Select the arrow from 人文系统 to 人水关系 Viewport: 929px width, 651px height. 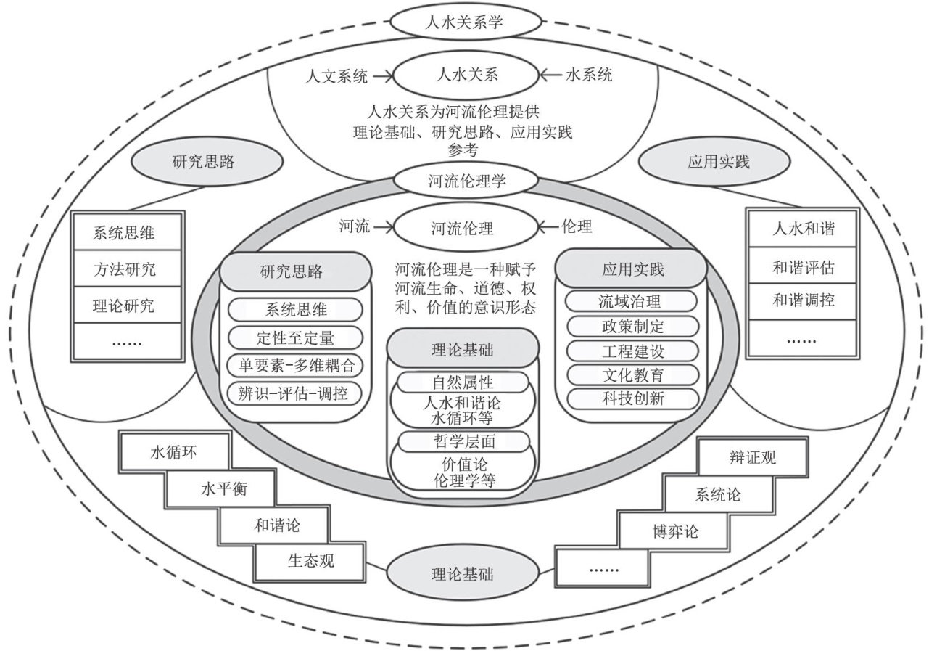click(x=380, y=74)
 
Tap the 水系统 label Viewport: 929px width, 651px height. click(x=583, y=74)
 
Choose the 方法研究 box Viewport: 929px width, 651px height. click(x=124, y=270)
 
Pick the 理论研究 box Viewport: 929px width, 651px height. click(x=124, y=306)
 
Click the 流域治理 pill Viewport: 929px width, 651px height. click(x=632, y=300)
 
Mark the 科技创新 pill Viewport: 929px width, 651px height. click(x=632, y=398)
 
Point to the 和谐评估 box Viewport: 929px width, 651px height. click(x=803, y=268)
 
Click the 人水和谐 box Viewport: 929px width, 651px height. click(x=803, y=230)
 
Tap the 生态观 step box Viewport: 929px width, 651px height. click(x=312, y=560)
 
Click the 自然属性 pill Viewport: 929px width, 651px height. click(x=463, y=381)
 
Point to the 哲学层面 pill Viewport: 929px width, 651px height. click(x=463, y=441)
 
